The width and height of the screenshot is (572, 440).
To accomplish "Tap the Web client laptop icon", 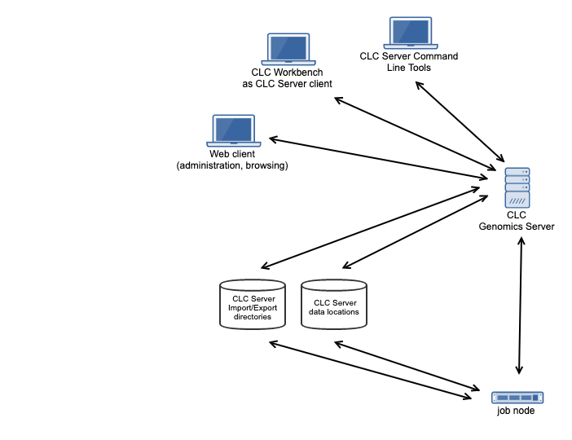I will [x=232, y=130].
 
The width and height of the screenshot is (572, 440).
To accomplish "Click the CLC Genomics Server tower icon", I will [x=517, y=188].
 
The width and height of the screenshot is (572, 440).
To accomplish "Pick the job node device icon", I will [x=517, y=398].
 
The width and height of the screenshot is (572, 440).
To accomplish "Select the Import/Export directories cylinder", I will [x=253, y=305].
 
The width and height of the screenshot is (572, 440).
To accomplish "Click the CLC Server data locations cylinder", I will [x=334, y=305].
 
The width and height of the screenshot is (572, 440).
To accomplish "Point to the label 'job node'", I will [x=516, y=411].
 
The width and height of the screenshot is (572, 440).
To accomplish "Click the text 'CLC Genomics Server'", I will [x=516, y=221].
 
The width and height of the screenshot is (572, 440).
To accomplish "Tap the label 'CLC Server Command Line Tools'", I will [x=408, y=62].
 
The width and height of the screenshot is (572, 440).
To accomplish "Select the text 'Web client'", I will [x=232, y=154].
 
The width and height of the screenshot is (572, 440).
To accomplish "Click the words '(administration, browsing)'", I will [x=232, y=165].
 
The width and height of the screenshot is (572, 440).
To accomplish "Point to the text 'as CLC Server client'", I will [x=287, y=84].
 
